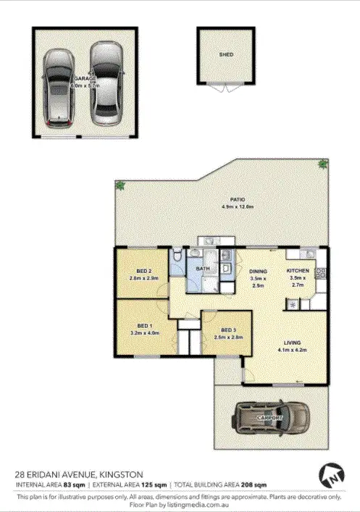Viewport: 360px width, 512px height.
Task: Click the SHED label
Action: pos(227,54)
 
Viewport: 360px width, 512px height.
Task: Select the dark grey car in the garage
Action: pos(56,85)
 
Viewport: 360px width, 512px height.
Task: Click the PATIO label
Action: pos(238,199)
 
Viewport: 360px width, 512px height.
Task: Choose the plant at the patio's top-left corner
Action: pos(120,186)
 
